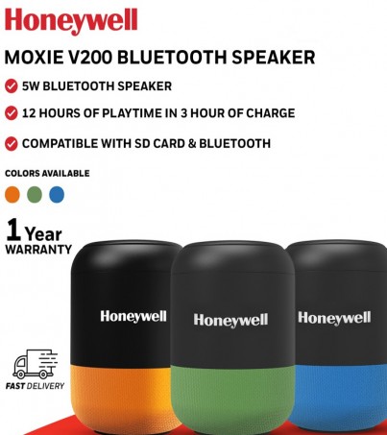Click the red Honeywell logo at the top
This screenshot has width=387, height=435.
tap(71, 20)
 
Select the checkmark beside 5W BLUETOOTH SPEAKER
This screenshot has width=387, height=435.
tap(12, 86)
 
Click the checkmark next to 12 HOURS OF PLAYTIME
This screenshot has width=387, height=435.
tap(12, 113)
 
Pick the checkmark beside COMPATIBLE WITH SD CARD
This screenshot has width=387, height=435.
tap(12, 143)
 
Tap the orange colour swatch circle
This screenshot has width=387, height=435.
tap(12, 195)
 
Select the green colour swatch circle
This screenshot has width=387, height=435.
tap(35, 195)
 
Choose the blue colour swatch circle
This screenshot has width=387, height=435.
tap(57, 195)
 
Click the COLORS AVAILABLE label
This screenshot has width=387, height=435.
tap(47, 173)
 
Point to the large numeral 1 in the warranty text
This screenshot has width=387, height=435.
tap(13, 230)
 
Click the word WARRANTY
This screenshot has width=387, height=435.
tap(38, 250)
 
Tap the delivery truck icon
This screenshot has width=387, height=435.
tap(36, 364)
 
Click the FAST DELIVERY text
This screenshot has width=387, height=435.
tap(35, 386)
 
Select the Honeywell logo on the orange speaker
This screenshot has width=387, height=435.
tap(133, 317)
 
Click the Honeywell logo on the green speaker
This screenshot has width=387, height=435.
tap(230, 320)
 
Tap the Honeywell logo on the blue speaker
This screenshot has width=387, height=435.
tap(334, 318)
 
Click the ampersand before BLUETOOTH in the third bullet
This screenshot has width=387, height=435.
tap(192, 143)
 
